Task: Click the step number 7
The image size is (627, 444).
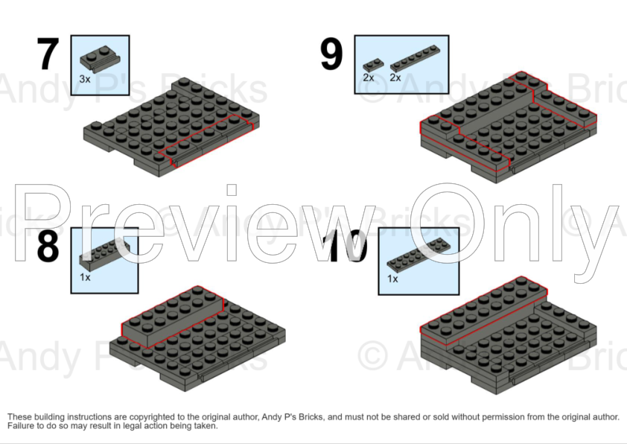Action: [48, 54]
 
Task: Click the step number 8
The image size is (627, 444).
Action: [48, 247]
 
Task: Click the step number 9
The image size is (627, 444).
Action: [331, 54]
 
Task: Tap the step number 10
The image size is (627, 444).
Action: [347, 247]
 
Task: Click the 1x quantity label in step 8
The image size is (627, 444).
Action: [85, 276]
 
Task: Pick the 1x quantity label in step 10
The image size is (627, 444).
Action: [392, 279]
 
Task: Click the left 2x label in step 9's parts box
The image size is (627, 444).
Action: [368, 77]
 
